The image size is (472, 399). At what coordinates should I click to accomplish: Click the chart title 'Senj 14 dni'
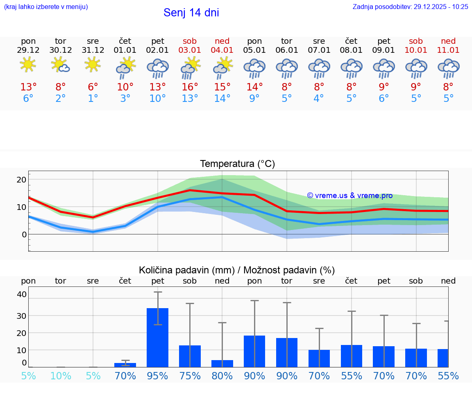click(x=191, y=13)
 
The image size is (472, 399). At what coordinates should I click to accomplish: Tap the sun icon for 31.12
click(x=93, y=64)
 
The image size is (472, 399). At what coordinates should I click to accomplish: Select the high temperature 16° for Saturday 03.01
click(x=190, y=87)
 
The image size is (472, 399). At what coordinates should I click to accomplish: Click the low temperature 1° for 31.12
click(x=93, y=99)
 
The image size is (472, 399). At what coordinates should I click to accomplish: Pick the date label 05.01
click(x=254, y=50)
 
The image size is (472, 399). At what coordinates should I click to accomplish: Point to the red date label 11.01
click(x=448, y=50)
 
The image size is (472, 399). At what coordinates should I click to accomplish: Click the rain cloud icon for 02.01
click(x=158, y=68)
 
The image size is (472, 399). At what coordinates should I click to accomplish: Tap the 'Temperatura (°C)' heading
click(x=237, y=164)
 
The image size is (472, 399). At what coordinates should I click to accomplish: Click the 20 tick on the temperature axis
click(x=21, y=179)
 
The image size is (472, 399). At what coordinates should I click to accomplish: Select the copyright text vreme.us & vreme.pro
click(x=349, y=196)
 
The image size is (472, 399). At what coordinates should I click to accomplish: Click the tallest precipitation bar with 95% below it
click(x=158, y=337)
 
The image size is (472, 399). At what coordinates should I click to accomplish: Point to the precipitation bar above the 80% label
click(x=222, y=363)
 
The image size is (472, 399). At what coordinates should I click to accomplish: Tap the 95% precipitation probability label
click(x=158, y=376)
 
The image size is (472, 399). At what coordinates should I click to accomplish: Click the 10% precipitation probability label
click(x=61, y=376)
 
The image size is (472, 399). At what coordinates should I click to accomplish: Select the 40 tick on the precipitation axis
click(x=21, y=294)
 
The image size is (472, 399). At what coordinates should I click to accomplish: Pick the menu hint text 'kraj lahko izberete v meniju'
click(x=45, y=7)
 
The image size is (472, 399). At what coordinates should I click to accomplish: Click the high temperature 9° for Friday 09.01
click(x=383, y=87)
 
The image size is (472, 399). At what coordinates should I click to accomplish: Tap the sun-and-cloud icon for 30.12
click(x=61, y=64)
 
